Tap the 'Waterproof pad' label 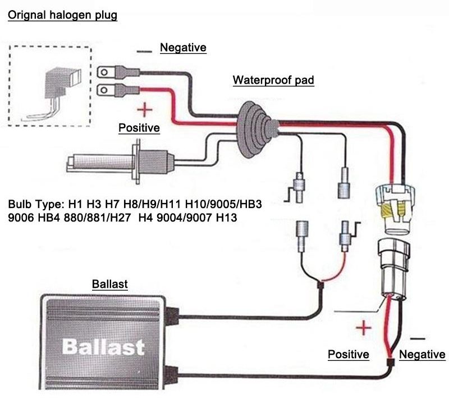[273, 80]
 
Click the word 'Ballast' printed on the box [103, 346]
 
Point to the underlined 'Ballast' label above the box [109, 284]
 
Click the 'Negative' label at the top [183, 48]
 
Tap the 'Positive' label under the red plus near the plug [139, 128]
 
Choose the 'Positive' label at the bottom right [348, 354]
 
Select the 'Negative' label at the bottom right [422, 354]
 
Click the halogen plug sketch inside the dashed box [51, 90]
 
